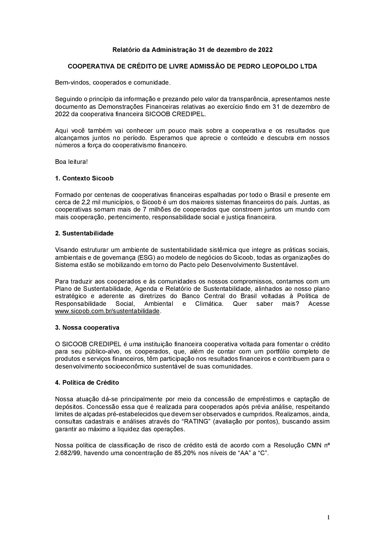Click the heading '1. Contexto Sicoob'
(x=84, y=178)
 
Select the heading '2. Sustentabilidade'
(x=84, y=233)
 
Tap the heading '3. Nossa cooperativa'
(x=87, y=327)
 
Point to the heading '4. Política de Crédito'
(x=87, y=382)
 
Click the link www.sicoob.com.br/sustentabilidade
(x=107, y=311)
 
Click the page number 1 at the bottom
(x=328, y=517)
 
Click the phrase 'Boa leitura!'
(x=71, y=162)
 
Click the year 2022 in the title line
(x=265, y=50)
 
